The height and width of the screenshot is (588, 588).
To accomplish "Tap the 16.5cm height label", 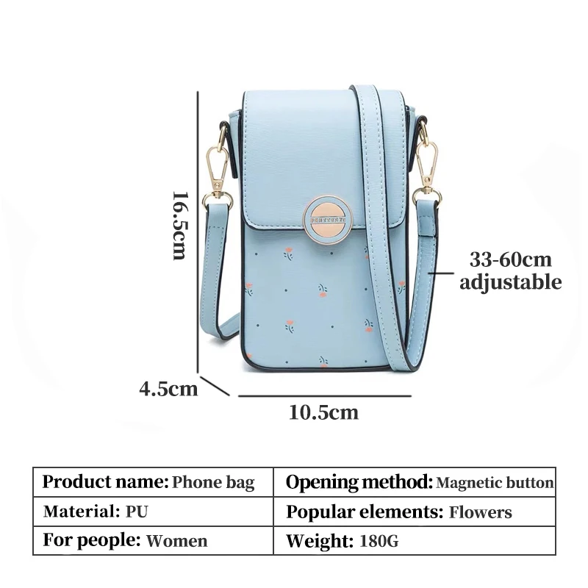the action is coord(179,225).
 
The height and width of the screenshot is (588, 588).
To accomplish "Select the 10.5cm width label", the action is coord(323,412).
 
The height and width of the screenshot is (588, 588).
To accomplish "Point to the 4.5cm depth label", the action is coord(169,388).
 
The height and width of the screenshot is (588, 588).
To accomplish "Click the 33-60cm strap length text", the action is coord(511,259).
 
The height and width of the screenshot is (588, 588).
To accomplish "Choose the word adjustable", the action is coord(511,282).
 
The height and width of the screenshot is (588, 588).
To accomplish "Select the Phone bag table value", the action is coord(213,483).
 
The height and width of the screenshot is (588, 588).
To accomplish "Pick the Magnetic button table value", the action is coord(495,483).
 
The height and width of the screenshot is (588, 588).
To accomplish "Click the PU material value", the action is coord(137,512).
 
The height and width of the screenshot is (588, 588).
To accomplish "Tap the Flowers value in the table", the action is coord(481,512).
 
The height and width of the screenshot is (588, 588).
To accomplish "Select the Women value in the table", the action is coord(177,542).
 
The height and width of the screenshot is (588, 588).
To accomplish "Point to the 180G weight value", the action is coord(379,542).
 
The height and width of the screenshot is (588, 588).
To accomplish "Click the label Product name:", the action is coord(105,483).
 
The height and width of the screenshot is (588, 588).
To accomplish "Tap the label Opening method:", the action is coord(359,483).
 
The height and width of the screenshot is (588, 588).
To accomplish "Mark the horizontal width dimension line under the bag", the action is coord(323,395).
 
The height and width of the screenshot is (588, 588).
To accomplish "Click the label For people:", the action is coord(91,541).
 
